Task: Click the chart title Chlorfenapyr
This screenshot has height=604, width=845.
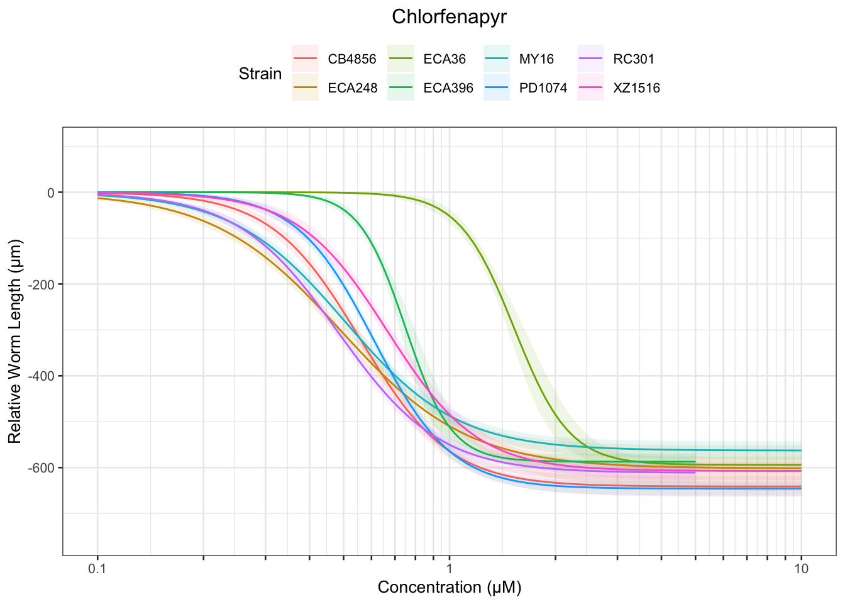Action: (x=449, y=17)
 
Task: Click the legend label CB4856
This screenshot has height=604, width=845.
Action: (x=352, y=60)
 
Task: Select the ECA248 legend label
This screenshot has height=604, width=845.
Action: (x=353, y=88)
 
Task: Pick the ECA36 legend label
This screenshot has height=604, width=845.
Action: (x=445, y=60)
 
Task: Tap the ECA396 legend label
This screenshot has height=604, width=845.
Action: (x=448, y=88)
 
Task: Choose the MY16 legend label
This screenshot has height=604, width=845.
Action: (x=536, y=60)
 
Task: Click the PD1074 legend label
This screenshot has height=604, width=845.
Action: (x=543, y=88)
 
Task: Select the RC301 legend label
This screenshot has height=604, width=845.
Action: (x=633, y=60)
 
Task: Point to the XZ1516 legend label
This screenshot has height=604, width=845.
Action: (x=636, y=88)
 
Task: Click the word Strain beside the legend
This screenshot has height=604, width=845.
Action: (x=260, y=74)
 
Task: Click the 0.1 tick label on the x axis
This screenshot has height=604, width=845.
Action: (x=97, y=569)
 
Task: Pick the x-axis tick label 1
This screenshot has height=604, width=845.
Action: (x=450, y=569)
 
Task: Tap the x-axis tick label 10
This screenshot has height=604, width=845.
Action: (x=801, y=569)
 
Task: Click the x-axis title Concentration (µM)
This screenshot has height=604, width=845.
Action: (x=450, y=588)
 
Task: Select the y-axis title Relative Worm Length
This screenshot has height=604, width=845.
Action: (x=15, y=341)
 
